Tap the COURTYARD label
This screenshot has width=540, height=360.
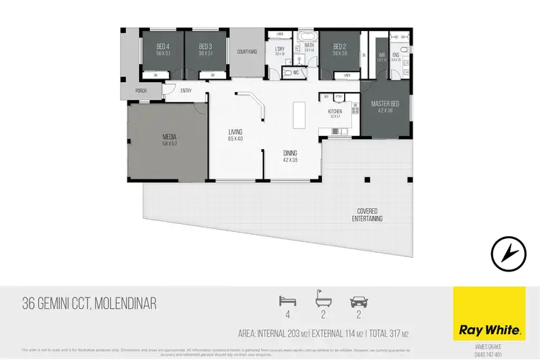(x=247, y=52)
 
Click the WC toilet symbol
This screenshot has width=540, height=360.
(x=287, y=72)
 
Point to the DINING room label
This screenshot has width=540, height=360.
(x=290, y=153)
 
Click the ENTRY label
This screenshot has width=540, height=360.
(x=186, y=91)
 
